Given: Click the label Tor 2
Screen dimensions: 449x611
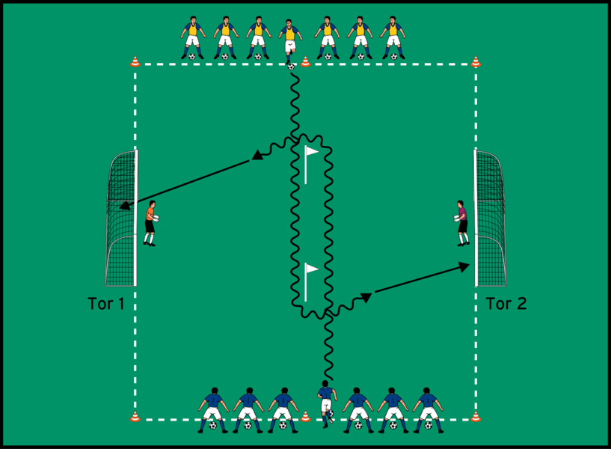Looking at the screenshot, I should (506, 304).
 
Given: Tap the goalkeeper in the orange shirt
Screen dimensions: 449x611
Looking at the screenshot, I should (150, 222).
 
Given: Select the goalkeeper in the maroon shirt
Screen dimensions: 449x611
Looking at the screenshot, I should (461, 222).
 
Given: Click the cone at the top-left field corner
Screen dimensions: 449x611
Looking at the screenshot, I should (135, 62).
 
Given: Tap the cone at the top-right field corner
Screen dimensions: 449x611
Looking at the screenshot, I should (476, 62).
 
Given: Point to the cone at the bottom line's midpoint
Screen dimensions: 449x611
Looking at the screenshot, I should (305, 416).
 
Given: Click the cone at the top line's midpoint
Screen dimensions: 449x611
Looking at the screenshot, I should (305, 62).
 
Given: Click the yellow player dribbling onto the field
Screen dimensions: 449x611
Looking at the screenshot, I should (290, 41).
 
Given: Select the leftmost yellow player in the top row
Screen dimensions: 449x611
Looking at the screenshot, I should (193, 37).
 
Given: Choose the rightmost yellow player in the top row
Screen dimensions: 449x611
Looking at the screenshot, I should (393, 37).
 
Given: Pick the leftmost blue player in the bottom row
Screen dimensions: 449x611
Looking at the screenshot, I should (213, 409).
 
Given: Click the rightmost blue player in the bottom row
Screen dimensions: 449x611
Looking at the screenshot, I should (428, 409).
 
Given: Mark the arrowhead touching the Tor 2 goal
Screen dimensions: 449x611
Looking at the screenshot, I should (466, 265).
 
